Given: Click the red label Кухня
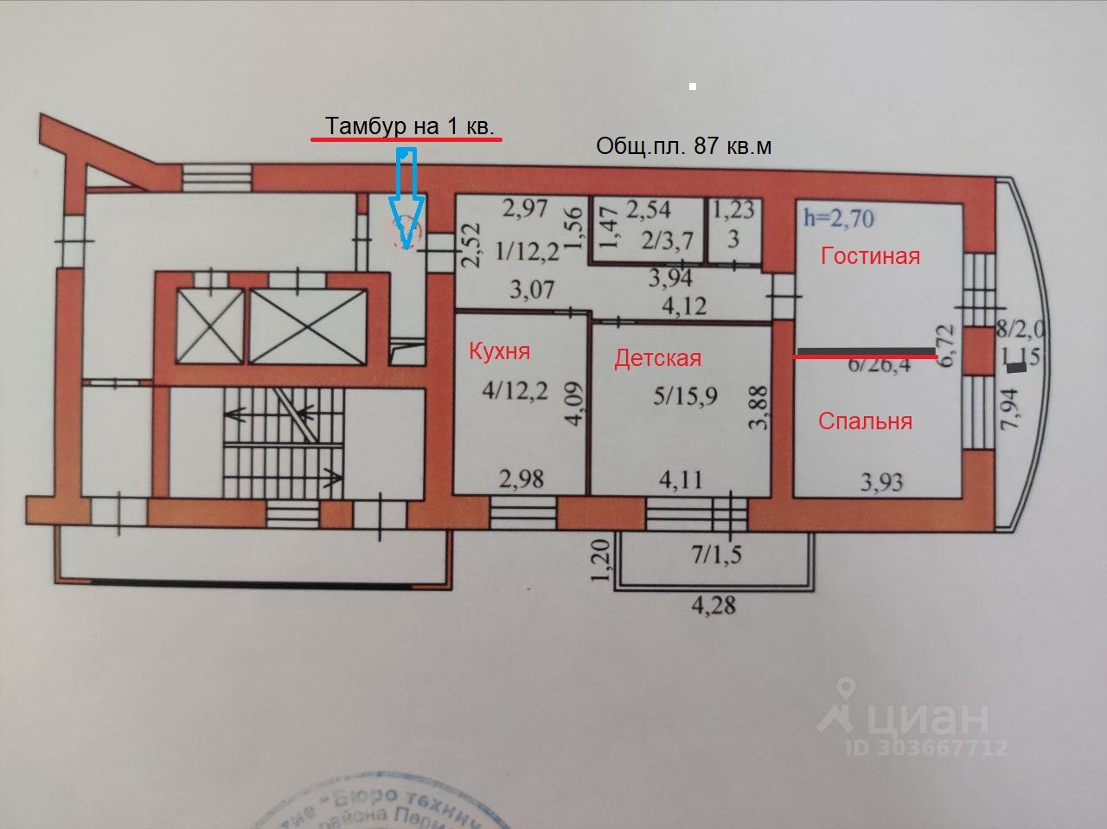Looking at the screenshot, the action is pyautogui.click(x=499, y=350).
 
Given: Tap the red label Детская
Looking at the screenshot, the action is pyautogui.click(x=657, y=358).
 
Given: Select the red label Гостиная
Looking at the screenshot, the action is pyautogui.click(x=870, y=255).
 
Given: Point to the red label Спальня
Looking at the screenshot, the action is pyautogui.click(x=865, y=421).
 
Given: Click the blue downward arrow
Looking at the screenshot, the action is pyautogui.click(x=405, y=199).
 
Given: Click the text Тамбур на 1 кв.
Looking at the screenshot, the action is pyautogui.click(x=409, y=126).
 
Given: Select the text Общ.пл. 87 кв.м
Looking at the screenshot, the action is pyautogui.click(x=683, y=146).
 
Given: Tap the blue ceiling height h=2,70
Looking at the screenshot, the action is pyautogui.click(x=838, y=216).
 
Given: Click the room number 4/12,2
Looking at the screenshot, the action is pyautogui.click(x=515, y=391).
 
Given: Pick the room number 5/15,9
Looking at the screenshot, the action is pyautogui.click(x=685, y=398).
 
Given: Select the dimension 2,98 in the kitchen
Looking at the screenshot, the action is pyautogui.click(x=521, y=477).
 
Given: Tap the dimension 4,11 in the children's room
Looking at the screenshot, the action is pyautogui.click(x=681, y=478).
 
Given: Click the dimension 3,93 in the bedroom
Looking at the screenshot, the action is pyautogui.click(x=881, y=480).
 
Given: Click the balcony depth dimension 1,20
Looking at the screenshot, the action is pyautogui.click(x=604, y=560).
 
